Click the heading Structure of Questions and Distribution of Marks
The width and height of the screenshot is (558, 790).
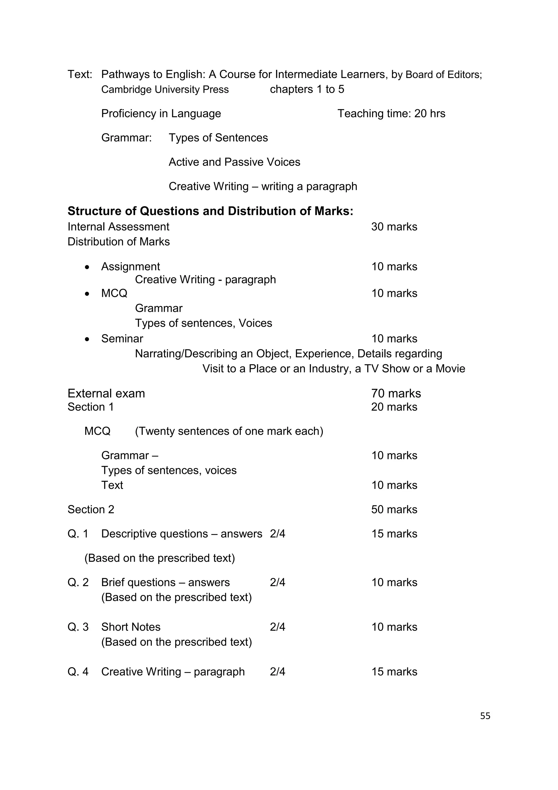click(210, 211)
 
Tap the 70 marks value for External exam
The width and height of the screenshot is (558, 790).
click(396, 393)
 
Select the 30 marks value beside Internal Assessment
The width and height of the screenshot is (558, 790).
click(394, 227)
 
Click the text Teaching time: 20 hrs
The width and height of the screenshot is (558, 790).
click(391, 113)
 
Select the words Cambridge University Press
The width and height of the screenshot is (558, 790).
click(165, 89)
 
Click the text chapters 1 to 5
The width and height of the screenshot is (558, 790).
click(307, 89)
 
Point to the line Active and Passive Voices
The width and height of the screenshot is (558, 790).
click(234, 162)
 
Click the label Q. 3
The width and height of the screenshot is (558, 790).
click(78, 627)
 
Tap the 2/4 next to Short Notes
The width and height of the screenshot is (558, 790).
click(277, 627)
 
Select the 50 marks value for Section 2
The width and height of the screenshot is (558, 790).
click(394, 510)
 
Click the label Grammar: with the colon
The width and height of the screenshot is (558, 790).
click(126, 138)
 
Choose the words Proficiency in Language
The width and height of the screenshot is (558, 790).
click(161, 113)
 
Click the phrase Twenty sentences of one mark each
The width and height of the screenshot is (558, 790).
click(229, 431)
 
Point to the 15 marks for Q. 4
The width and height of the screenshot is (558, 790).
click(394, 672)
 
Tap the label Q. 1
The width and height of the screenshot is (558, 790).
click(78, 534)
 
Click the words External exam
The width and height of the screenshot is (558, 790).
click(106, 393)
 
